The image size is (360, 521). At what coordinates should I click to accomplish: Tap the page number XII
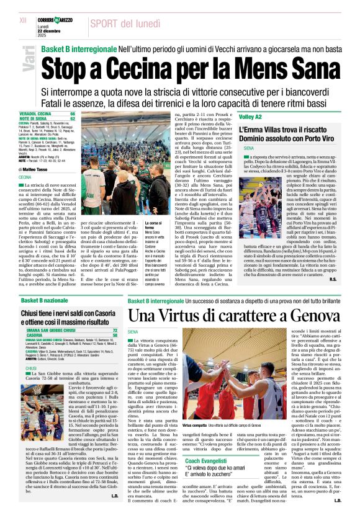coord(23,20)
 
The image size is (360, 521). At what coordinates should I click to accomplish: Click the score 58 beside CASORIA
coord(115,335)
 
